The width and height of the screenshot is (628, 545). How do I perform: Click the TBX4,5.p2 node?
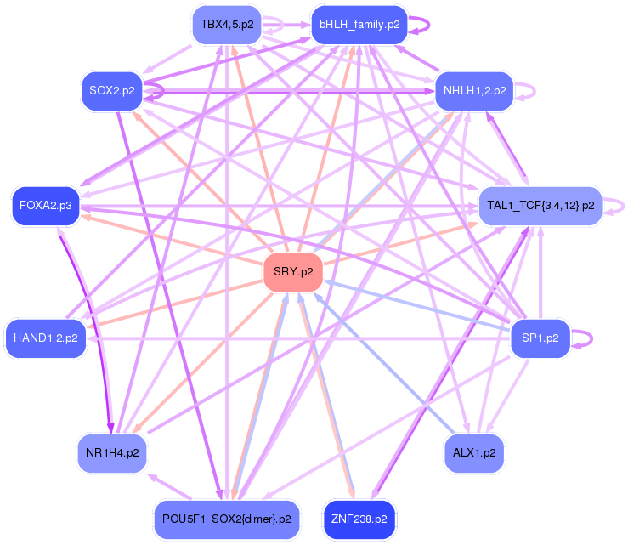(x=225, y=25)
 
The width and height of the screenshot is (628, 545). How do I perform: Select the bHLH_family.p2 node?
(x=359, y=25)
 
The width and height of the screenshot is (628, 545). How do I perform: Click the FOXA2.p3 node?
(x=46, y=206)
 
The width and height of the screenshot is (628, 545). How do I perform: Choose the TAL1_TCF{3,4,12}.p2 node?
(x=540, y=206)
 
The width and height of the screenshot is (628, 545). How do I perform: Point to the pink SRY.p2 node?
(x=293, y=272)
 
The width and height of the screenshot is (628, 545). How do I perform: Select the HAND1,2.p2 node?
(x=46, y=338)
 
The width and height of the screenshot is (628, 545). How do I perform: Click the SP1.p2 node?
(x=540, y=338)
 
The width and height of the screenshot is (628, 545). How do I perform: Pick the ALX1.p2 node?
(x=475, y=452)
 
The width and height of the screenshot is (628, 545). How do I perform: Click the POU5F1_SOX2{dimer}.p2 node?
(x=226, y=518)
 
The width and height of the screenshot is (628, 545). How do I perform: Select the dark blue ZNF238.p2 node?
(x=359, y=518)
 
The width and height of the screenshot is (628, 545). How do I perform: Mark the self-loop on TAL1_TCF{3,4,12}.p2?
(x=625, y=205)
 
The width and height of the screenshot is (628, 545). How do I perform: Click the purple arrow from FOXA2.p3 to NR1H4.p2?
(x=86, y=332)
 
